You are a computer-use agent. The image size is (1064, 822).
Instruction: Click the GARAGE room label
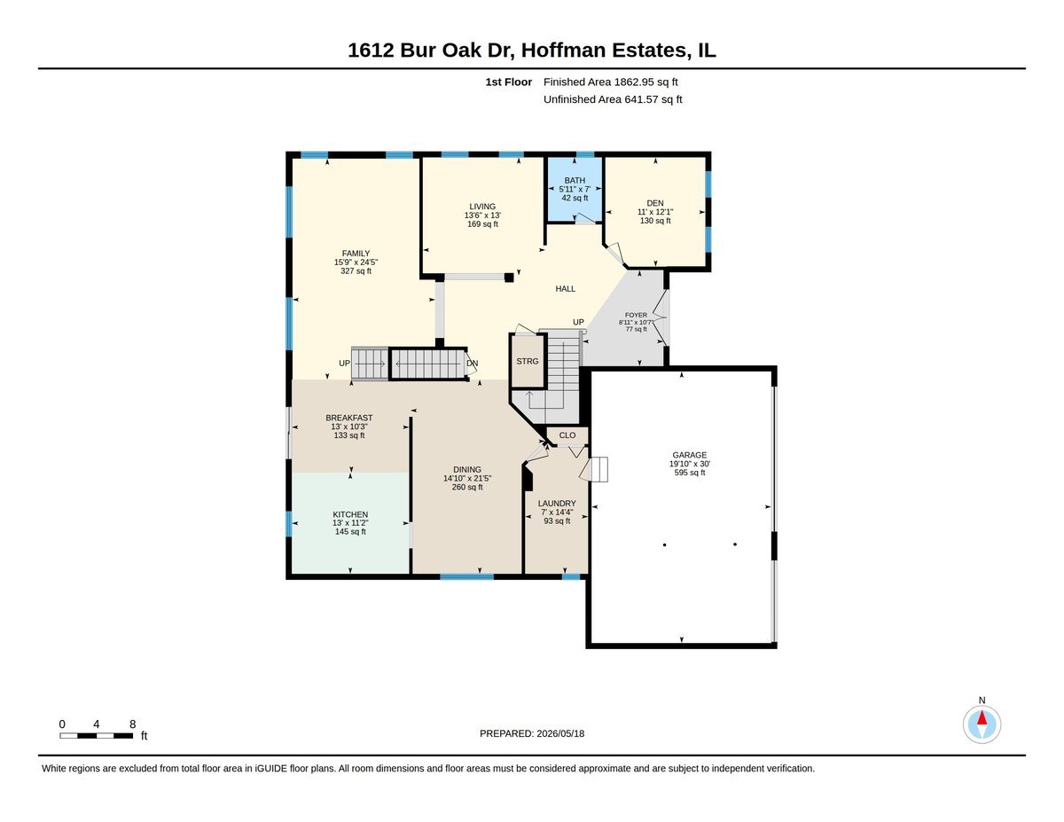[x=690, y=455]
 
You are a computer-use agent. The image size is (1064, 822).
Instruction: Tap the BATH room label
[x=575, y=181]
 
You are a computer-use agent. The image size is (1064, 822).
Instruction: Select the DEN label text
[x=655, y=203]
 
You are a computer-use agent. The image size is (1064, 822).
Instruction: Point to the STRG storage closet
[x=528, y=361]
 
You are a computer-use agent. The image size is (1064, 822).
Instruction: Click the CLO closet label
[x=567, y=435]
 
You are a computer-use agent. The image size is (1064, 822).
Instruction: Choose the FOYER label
[x=636, y=315]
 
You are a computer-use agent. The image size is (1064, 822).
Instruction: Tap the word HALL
[x=565, y=289]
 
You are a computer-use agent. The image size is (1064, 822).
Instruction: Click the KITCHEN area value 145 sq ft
[x=350, y=532]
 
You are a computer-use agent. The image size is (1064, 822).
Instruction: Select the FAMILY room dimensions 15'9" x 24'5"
[x=356, y=262]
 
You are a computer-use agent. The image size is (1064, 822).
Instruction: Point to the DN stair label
[x=472, y=364]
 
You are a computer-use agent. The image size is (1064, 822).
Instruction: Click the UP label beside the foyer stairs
[x=578, y=322]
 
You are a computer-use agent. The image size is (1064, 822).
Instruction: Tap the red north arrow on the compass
[x=982, y=718]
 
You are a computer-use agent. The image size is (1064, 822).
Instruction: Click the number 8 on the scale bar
[x=133, y=724]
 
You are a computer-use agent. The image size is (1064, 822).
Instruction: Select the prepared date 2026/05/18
[x=560, y=733]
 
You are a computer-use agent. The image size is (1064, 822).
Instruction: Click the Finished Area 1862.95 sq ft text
[x=611, y=82]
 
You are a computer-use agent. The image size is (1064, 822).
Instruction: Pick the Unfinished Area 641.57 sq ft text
[x=613, y=99]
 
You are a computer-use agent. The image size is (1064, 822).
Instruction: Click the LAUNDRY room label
[x=557, y=504]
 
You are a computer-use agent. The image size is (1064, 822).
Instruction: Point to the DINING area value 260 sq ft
[x=467, y=487]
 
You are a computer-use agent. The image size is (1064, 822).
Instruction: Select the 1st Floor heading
[x=508, y=82]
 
